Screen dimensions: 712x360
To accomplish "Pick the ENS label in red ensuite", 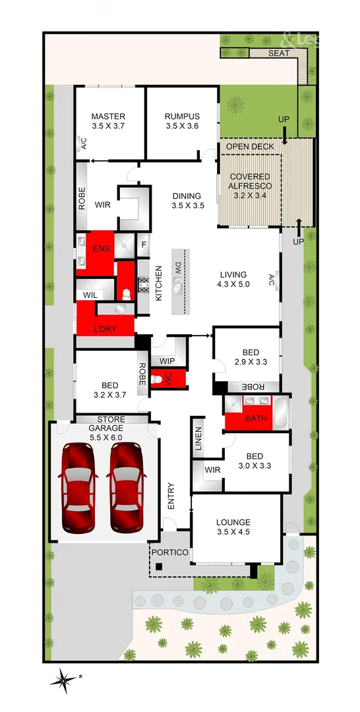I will [100, 248].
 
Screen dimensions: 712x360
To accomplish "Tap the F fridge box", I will [144, 246].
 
